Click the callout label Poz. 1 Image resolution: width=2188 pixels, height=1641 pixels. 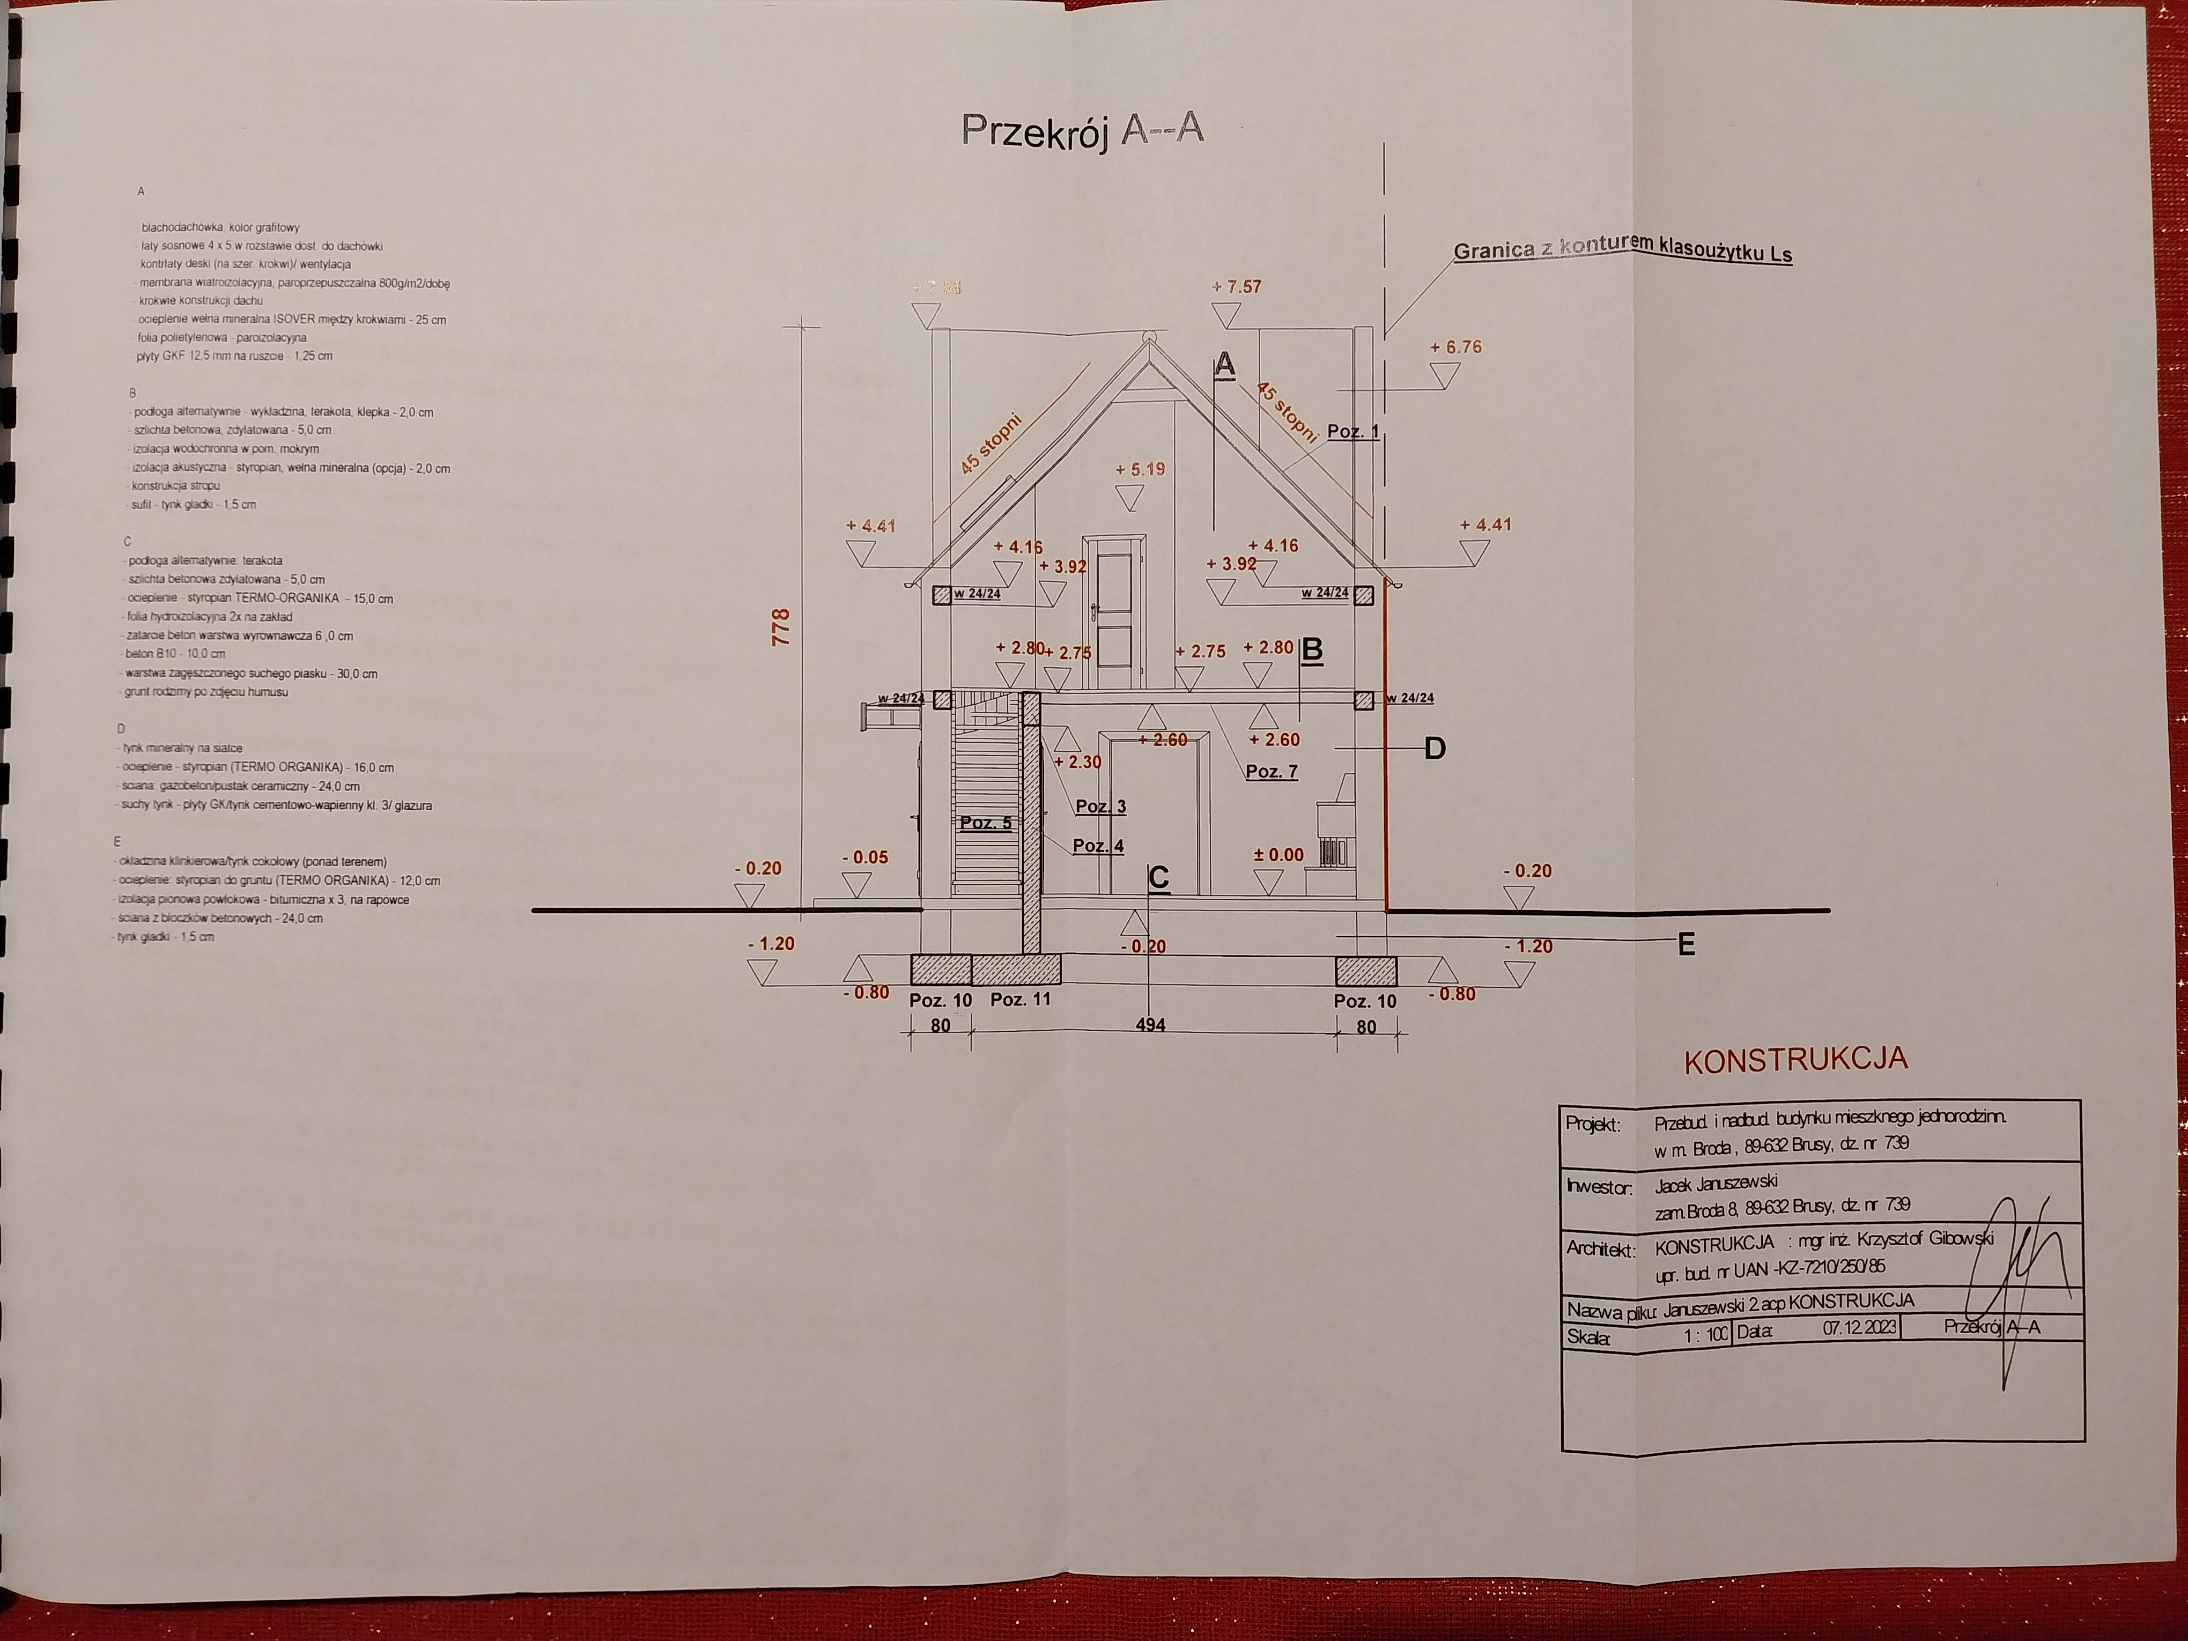pyautogui.click(x=1352, y=431)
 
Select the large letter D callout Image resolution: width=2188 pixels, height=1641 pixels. pyautogui.click(x=1435, y=749)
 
